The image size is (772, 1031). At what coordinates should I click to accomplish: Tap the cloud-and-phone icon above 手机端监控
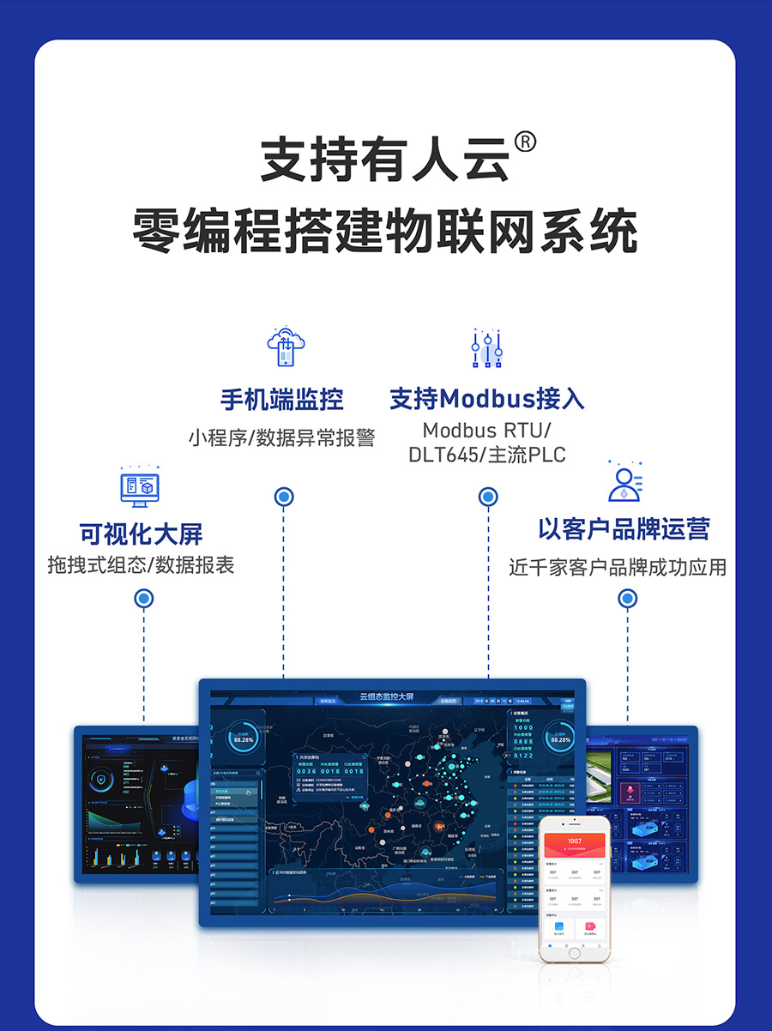click(x=286, y=347)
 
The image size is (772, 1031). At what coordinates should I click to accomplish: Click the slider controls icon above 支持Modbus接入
click(x=486, y=347)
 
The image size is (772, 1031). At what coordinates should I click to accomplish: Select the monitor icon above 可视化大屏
click(x=140, y=487)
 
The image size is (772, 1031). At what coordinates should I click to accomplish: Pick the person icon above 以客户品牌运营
click(x=625, y=482)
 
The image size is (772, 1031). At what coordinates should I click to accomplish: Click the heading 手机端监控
click(x=282, y=400)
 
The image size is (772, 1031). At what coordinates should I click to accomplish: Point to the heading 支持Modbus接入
click(x=486, y=399)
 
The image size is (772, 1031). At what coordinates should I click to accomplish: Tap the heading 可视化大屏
click(x=142, y=534)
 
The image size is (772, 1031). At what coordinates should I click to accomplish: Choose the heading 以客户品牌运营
click(x=624, y=528)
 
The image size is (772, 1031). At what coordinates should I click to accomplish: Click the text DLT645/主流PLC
click(x=486, y=455)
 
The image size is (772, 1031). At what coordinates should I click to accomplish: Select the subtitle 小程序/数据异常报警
click(x=282, y=438)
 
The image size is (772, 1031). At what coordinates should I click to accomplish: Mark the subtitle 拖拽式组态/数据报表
click(x=142, y=565)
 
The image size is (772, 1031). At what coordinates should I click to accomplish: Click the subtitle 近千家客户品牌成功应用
click(x=618, y=568)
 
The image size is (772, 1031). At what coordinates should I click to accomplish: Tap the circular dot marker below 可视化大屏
click(x=144, y=599)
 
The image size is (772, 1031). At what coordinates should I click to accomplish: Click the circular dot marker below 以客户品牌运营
click(x=628, y=599)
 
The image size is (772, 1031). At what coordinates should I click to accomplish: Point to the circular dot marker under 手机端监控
click(x=284, y=497)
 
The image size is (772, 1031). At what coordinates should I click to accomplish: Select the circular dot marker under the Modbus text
click(x=488, y=497)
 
